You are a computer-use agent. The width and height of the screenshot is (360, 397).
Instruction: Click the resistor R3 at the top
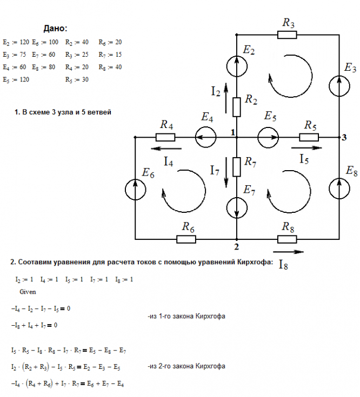click(x=287, y=35)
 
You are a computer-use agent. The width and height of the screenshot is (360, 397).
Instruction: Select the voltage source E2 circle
click(x=237, y=66)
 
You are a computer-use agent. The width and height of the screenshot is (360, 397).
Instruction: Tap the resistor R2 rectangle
click(x=237, y=107)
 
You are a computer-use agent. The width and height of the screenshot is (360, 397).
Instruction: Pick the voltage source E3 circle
click(x=339, y=86)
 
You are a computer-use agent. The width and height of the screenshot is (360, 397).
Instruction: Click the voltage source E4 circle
click(x=206, y=137)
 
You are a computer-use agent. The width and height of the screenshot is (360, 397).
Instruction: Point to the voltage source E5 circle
click(x=268, y=137)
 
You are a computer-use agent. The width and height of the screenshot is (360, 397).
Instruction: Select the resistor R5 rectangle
click(x=309, y=137)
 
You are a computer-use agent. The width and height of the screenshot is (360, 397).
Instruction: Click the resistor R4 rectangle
click(x=165, y=137)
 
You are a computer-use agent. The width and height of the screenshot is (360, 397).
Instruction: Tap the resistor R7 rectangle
click(x=237, y=167)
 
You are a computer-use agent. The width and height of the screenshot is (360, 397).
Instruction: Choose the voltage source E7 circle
click(x=237, y=207)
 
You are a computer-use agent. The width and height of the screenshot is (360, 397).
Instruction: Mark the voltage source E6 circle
click(x=136, y=190)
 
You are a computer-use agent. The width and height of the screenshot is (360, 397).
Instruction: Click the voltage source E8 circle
click(x=339, y=189)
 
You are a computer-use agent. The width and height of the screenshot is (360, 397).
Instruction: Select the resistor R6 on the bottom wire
click(x=186, y=239)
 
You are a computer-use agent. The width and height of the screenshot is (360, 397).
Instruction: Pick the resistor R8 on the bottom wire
click(x=287, y=239)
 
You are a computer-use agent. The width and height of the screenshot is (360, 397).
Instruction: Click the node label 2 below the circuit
click(x=236, y=247)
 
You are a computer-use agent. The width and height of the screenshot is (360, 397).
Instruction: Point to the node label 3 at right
click(x=344, y=138)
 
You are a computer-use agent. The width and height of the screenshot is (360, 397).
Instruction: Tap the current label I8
click(x=283, y=265)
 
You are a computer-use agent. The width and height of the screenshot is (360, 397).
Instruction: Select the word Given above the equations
click(x=28, y=292)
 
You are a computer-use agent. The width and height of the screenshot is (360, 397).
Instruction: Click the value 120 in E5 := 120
click(x=24, y=79)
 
